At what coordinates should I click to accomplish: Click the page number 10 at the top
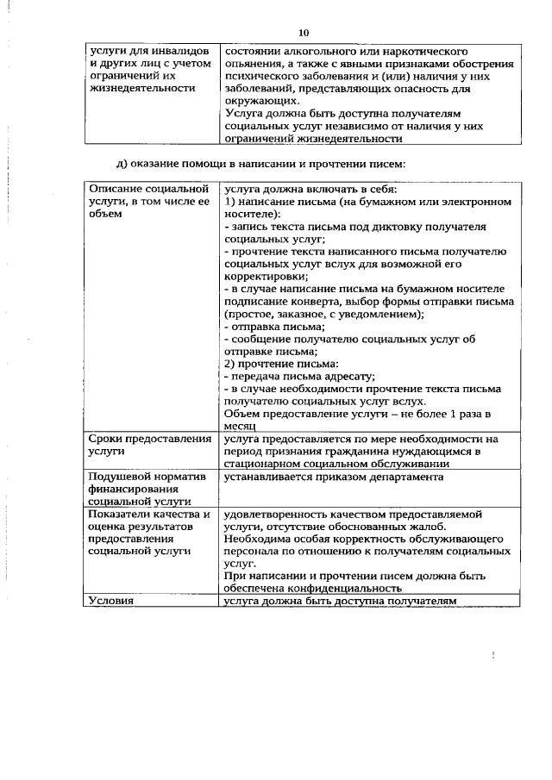click(303, 32)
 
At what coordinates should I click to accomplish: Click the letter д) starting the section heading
click(123, 164)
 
